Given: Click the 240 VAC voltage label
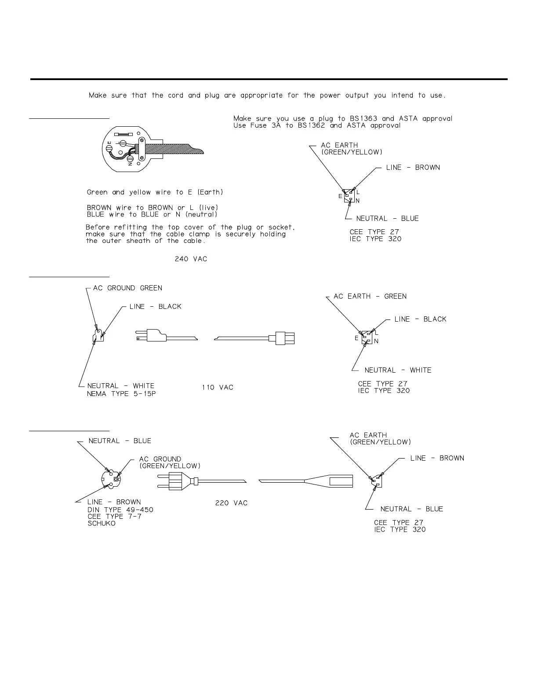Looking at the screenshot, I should (x=191, y=259).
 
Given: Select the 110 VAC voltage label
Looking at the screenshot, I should (x=218, y=388).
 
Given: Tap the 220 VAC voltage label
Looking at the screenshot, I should (x=231, y=503).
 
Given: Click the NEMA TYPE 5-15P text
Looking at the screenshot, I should (x=121, y=394).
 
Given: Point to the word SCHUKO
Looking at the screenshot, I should (x=102, y=524).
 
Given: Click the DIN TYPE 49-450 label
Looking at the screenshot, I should (x=120, y=510).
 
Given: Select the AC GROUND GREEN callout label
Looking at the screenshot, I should (x=127, y=288).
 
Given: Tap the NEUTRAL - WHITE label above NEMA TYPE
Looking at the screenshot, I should (x=121, y=386).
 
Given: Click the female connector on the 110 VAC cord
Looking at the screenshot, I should (x=285, y=338).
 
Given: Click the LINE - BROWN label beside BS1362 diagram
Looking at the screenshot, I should (x=413, y=168).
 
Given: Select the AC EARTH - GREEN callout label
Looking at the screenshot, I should (x=370, y=297).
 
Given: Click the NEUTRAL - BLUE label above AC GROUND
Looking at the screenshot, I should (x=120, y=441).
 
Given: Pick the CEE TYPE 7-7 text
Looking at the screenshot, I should (x=114, y=517).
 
